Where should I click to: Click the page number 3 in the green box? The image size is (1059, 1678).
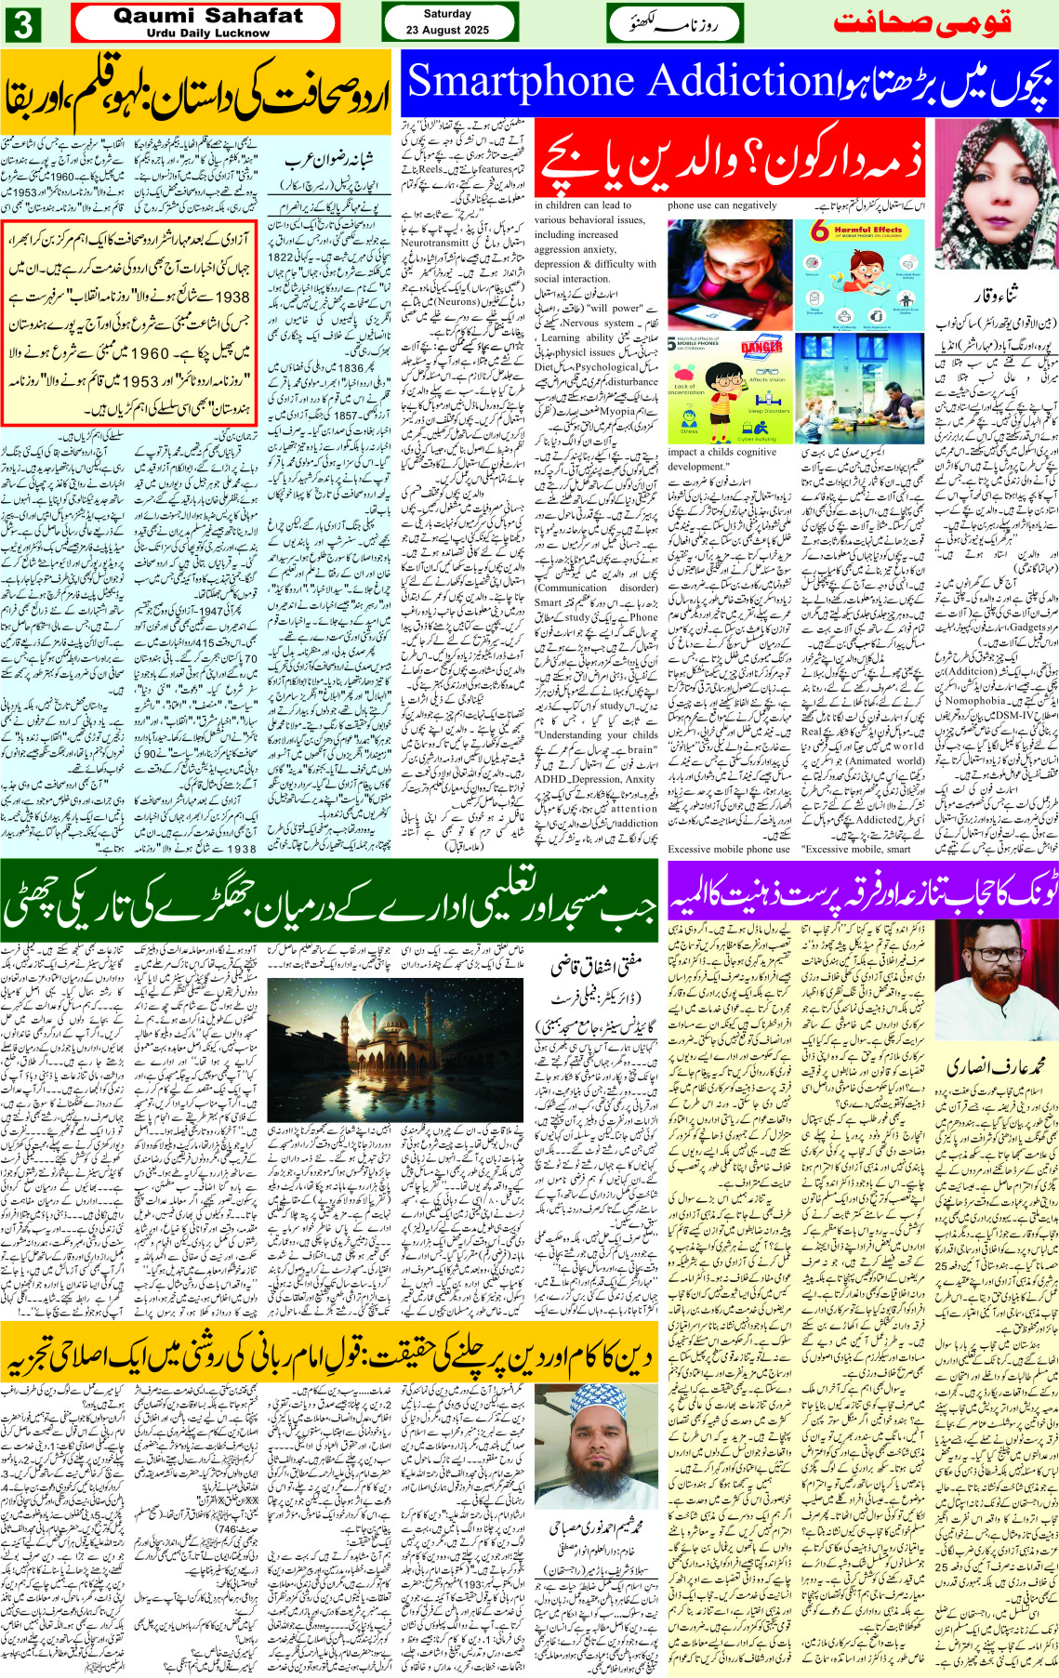point(22,24)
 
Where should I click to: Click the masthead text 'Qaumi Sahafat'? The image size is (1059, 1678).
point(207,16)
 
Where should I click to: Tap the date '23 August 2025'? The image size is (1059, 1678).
point(447,30)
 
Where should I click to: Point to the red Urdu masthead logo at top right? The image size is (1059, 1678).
point(921,23)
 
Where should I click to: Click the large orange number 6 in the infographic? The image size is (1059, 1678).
point(819,231)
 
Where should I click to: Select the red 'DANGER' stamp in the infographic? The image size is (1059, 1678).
point(761,348)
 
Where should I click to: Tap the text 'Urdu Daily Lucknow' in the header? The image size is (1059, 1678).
point(207,33)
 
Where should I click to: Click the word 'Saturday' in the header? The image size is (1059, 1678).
point(447,13)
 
